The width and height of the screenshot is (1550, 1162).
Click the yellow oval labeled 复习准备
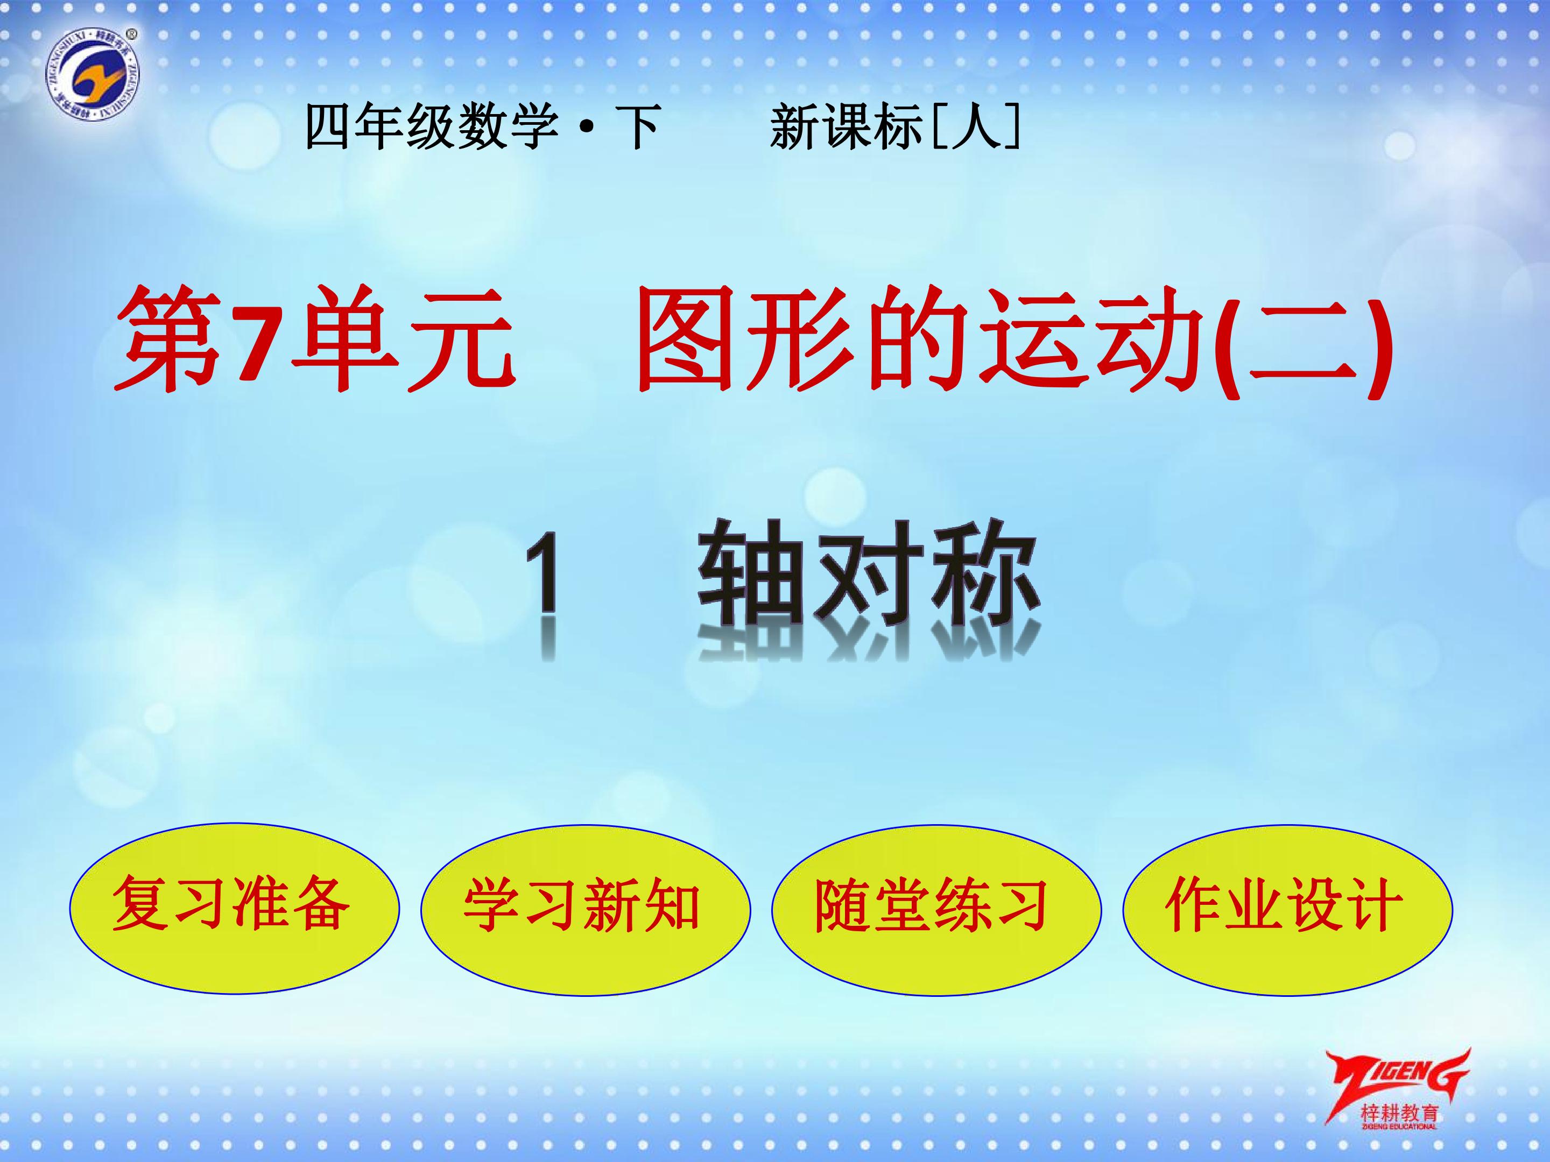234,909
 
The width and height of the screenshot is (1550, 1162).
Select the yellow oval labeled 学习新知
585,910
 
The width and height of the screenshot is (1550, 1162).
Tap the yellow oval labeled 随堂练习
936,910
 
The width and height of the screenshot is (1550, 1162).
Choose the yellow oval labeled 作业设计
1287,910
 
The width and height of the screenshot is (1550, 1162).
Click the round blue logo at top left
93,75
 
